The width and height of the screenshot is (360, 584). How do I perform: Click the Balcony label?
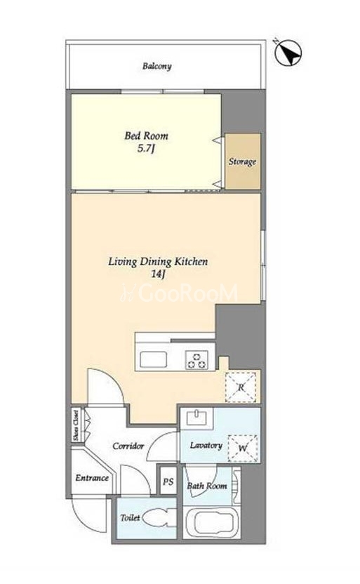click(x=156, y=66)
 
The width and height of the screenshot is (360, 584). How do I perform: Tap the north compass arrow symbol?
click(x=288, y=52)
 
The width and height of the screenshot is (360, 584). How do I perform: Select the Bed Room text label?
click(x=146, y=135)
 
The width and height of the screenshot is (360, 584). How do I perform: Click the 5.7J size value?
click(x=146, y=149)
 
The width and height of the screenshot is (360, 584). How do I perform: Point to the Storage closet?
click(x=242, y=161)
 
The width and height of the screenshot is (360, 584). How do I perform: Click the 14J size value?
click(x=158, y=274)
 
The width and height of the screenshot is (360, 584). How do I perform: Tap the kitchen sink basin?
click(x=154, y=360)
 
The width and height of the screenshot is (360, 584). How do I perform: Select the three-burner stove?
click(x=196, y=360)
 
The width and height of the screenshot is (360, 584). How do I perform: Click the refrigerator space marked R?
click(x=241, y=387)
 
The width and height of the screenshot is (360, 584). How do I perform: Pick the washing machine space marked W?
click(x=243, y=448)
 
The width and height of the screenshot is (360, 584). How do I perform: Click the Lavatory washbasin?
click(x=196, y=417)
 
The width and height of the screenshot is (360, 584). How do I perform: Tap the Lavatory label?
click(x=206, y=446)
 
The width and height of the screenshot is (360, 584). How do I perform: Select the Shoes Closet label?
click(x=76, y=425)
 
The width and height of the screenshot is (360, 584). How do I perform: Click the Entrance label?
click(x=92, y=478)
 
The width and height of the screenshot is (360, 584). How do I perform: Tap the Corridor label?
click(x=128, y=446)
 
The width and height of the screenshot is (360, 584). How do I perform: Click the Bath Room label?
click(x=207, y=486)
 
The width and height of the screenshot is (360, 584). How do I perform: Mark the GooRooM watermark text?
click(x=180, y=293)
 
